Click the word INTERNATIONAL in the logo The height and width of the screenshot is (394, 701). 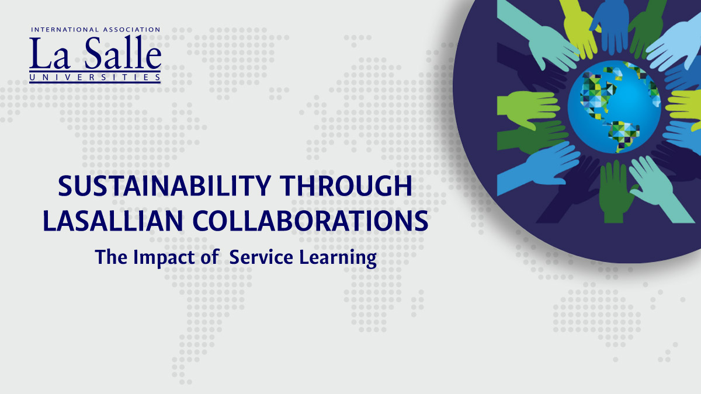[x=65, y=30]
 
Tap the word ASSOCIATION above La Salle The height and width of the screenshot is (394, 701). [x=132, y=30]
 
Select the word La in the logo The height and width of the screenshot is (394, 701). [x=50, y=53]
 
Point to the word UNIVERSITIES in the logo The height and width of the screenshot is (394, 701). [x=95, y=77]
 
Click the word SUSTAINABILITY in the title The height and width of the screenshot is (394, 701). [x=165, y=186]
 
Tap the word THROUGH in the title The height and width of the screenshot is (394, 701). [x=346, y=186]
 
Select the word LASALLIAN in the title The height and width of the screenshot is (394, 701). [x=113, y=221]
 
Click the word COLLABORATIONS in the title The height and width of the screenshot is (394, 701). [x=310, y=221]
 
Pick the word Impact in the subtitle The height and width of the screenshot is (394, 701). [x=164, y=257]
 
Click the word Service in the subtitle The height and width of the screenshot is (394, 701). [x=261, y=257]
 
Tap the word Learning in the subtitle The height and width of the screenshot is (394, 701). [x=338, y=258]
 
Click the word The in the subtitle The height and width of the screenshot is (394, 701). [x=111, y=257]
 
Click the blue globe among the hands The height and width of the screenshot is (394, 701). [x=615, y=107]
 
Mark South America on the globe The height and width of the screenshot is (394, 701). [x=623, y=135]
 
